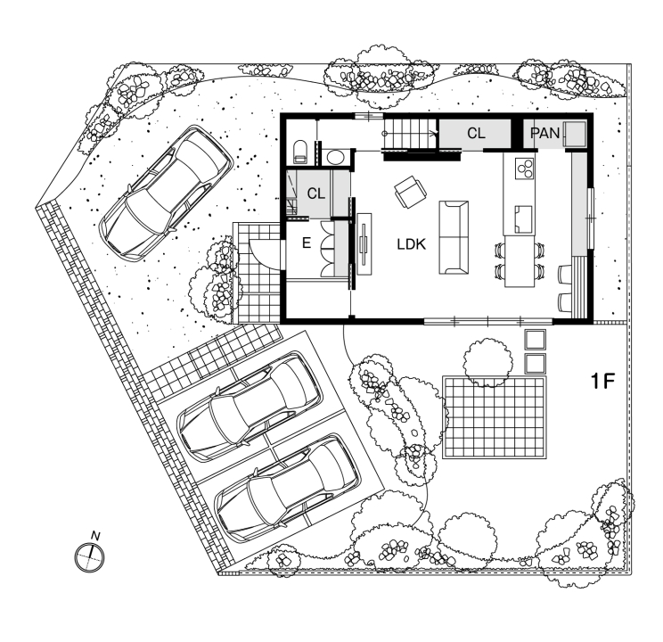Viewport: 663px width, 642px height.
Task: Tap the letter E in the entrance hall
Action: [306, 243]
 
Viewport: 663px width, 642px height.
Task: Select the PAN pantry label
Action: [544, 133]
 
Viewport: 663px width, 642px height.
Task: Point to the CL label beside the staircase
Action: [476, 133]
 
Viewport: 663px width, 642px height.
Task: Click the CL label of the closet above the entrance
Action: [315, 193]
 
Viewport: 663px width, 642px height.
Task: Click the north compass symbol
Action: [90, 556]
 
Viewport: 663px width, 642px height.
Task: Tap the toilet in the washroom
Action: [299, 150]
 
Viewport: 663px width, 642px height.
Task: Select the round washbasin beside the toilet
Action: [336, 158]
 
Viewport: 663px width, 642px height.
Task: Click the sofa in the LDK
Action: [454, 236]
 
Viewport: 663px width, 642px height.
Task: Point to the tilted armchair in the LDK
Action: [409, 190]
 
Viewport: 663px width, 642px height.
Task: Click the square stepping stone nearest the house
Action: [536, 340]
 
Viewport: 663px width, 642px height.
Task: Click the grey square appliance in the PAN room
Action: [573, 134]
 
